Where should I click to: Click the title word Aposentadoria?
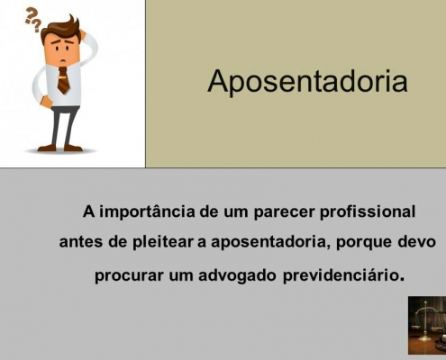coord(307,81)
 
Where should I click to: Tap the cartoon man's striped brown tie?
coord(63,80)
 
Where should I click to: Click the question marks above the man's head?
coord(32,20)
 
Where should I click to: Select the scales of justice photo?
coord(427,325)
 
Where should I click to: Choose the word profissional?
coord(368,211)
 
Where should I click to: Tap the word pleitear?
coord(162,242)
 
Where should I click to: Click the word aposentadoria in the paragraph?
coord(269,242)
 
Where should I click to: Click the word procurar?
coord(129,276)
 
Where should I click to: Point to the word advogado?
coord(237,275)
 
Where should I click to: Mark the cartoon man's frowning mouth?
coord(63,61)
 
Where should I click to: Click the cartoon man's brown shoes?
coord(59,148)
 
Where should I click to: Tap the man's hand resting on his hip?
coord(46,102)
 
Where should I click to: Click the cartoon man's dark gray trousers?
coord(63,126)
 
